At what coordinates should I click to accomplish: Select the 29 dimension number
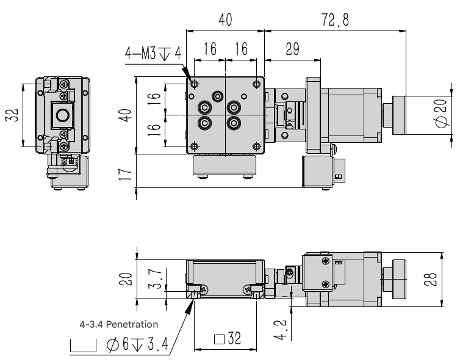(292, 50)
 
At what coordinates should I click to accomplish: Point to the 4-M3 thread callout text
(153, 54)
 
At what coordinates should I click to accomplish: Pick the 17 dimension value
(126, 173)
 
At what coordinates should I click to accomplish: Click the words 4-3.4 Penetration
(119, 324)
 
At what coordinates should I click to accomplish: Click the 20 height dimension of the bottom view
(126, 279)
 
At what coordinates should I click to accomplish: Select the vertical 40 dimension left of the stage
(126, 115)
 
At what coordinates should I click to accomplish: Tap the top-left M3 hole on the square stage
(194, 84)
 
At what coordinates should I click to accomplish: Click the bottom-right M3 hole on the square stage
(254, 145)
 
